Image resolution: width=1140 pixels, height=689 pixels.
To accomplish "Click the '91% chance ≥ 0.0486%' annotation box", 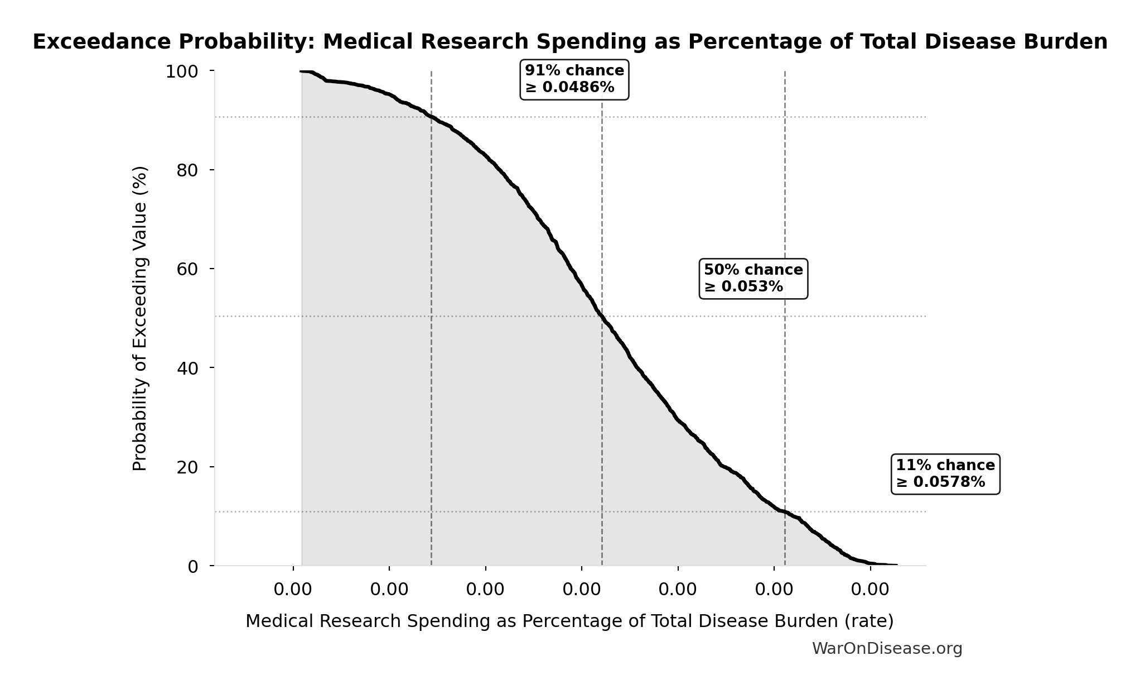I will (x=574, y=79).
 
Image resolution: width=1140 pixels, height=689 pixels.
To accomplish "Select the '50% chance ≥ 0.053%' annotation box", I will (x=753, y=278).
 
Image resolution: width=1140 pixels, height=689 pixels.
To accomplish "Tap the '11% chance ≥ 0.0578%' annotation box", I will (x=945, y=473).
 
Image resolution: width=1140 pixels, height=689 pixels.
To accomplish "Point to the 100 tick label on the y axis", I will (x=182, y=71).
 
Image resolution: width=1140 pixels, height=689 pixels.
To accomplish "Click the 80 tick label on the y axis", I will (x=187, y=170).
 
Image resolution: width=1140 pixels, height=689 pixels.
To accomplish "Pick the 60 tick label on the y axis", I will (x=187, y=269).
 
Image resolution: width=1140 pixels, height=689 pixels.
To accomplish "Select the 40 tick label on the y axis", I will (x=187, y=368).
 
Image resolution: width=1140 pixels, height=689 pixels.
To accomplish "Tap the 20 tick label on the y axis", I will (x=187, y=467).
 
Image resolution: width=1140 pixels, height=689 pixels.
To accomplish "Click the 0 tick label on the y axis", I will (x=193, y=567).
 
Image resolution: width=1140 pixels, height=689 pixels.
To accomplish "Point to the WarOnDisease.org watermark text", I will (x=887, y=648).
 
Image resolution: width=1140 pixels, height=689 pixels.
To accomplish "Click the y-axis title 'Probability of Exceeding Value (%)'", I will (x=140, y=318).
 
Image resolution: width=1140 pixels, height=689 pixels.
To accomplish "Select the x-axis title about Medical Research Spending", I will (x=569, y=621).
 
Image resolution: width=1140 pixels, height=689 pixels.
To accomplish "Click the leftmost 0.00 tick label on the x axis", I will (x=293, y=589).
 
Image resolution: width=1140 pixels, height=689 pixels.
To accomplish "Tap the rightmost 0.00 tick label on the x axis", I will (x=870, y=589).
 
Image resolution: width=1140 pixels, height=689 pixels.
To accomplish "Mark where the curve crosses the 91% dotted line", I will (x=431, y=117).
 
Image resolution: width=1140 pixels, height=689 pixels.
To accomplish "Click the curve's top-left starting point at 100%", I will (x=302, y=71).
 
